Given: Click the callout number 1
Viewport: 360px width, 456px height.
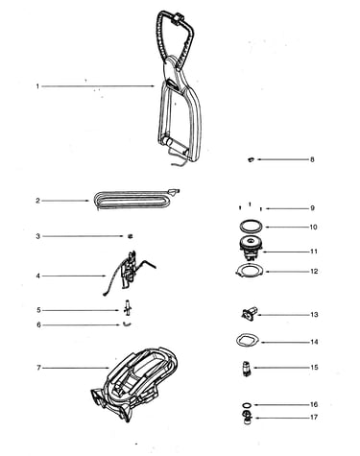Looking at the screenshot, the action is [x=37, y=86].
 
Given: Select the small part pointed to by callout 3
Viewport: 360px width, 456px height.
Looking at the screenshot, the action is [x=130, y=236].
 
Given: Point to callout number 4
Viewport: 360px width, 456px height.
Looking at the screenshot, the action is [x=38, y=276].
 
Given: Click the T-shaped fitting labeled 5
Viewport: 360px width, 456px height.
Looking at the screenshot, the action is [x=128, y=309].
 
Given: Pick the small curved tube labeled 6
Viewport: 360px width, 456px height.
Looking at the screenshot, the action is [x=127, y=324].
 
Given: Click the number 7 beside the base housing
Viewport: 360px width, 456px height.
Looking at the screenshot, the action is [x=38, y=368].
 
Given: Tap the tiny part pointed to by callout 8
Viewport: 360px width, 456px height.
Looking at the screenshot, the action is [x=252, y=159].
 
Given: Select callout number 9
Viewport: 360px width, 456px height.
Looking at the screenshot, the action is [x=312, y=208].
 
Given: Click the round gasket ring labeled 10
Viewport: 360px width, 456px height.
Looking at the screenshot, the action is [x=252, y=220].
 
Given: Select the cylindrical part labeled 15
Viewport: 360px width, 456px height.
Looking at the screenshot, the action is [x=247, y=368].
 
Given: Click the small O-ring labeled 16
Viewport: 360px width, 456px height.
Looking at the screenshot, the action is [x=247, y=403].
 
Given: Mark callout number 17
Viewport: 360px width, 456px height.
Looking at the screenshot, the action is [x=314, y=418].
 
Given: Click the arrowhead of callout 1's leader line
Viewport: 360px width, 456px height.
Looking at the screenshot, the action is [x=154, y=86].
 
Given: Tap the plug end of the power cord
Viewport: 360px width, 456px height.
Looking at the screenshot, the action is [x=176, y=191].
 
